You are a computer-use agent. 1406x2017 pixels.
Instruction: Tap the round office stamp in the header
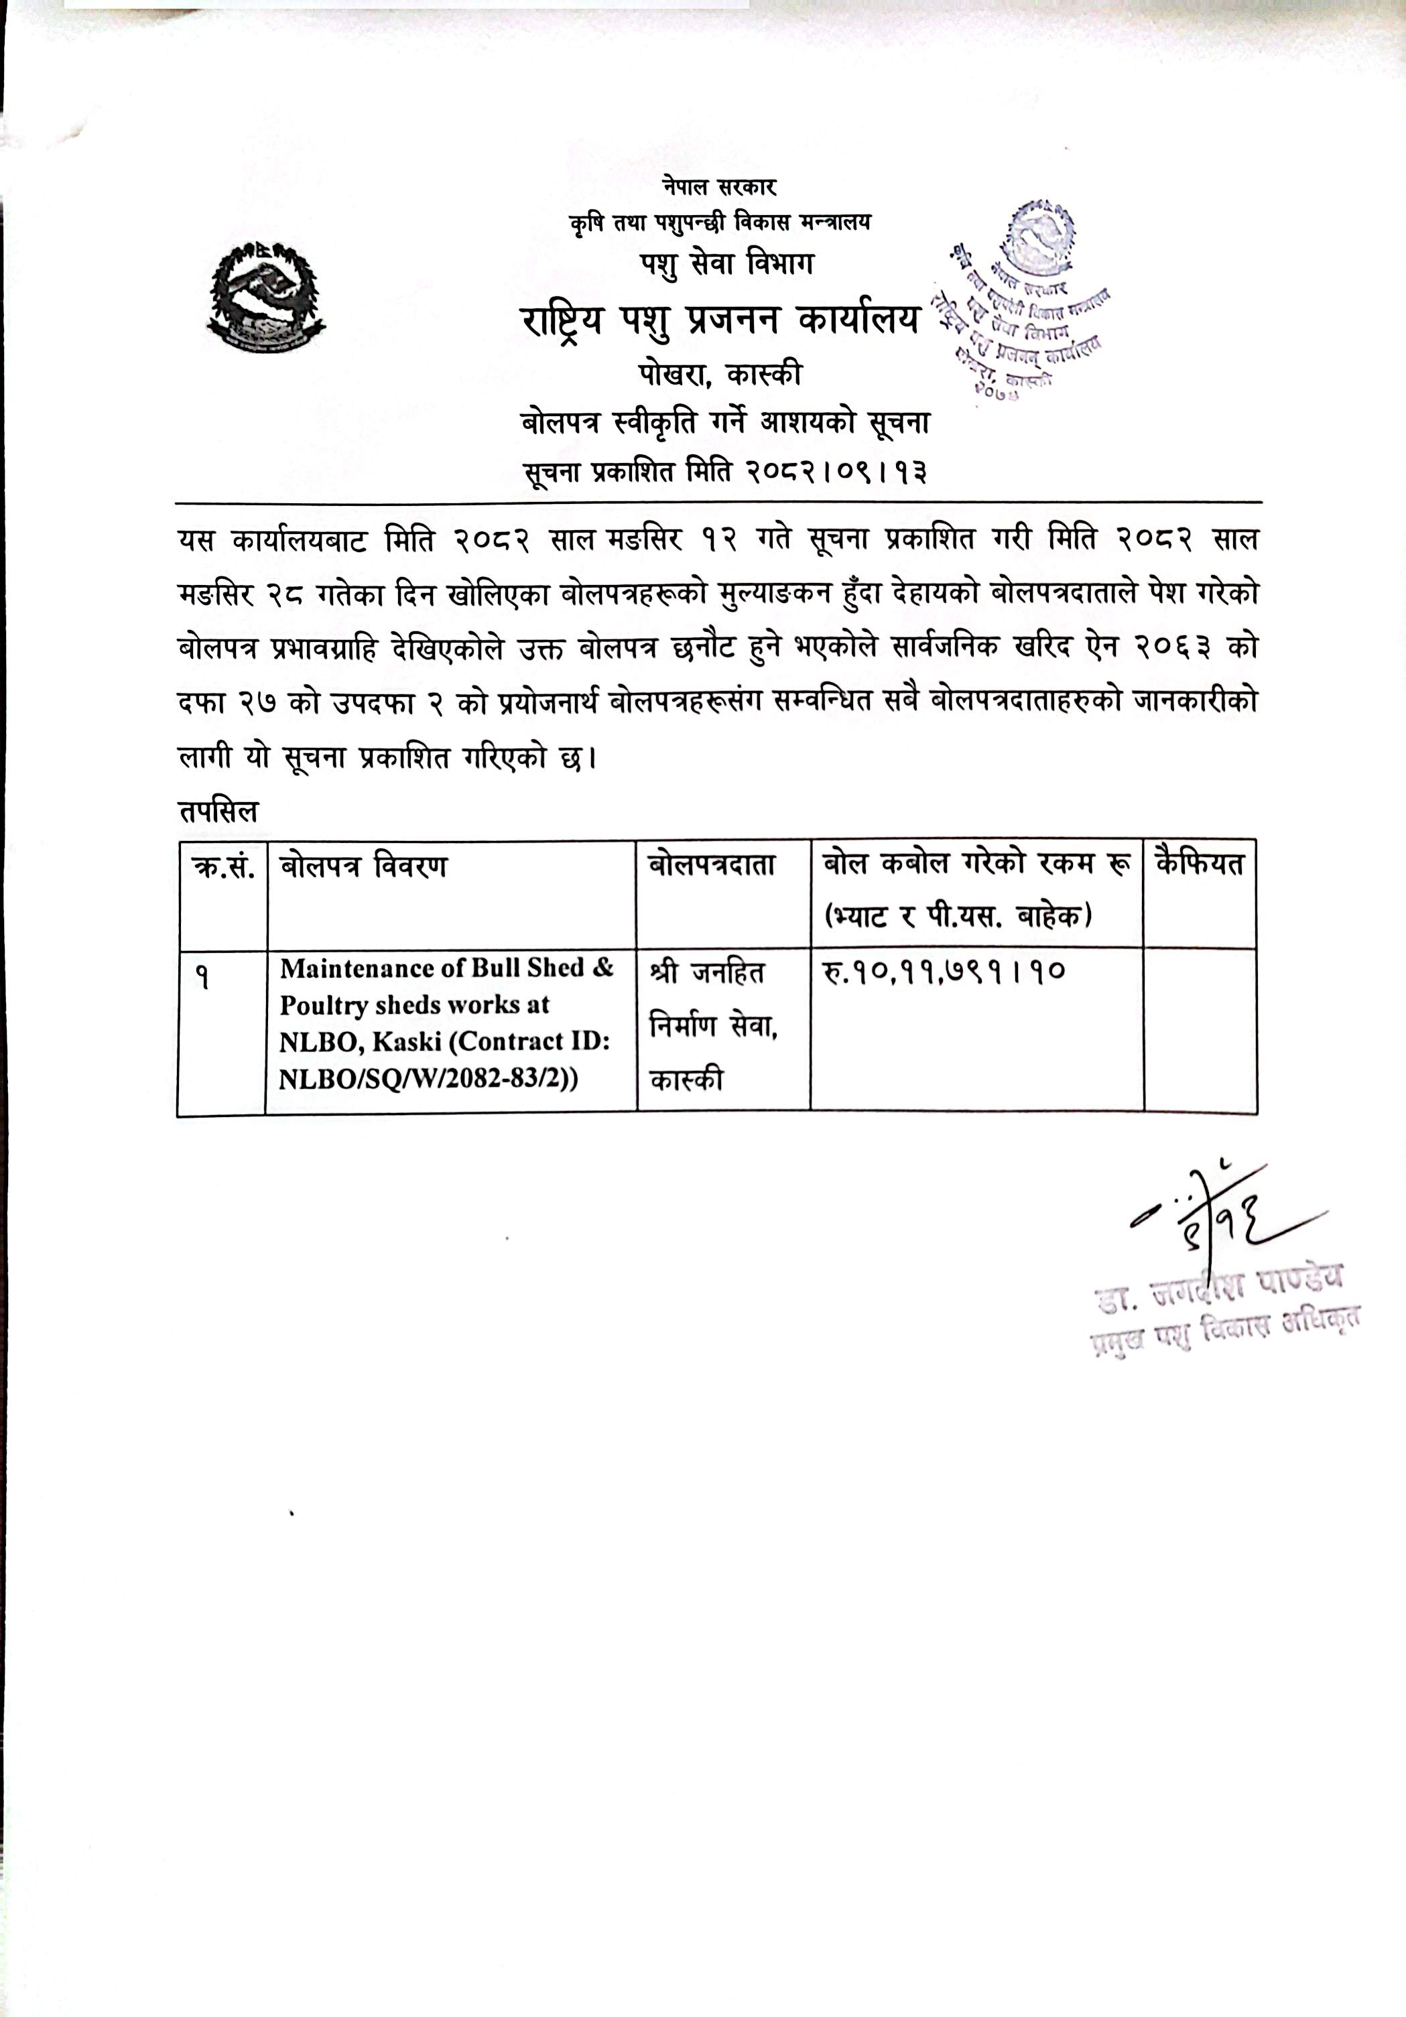(1028, 299)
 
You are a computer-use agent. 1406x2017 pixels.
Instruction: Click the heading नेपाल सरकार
(720, 186)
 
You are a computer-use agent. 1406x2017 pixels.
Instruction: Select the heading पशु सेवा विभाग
(726, 263)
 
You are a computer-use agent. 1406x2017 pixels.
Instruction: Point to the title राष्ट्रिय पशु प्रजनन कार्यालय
(720, 321)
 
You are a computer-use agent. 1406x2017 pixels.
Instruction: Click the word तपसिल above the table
(218, 811)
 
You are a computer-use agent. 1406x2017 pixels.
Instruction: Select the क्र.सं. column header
(223, 867)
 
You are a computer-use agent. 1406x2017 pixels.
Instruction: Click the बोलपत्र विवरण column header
(363, 867)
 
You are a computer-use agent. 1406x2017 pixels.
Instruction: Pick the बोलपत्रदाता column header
(712, 865)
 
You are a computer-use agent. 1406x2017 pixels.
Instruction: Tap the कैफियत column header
(1200, 864)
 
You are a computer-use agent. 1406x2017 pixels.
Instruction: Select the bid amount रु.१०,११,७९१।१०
(944, 972)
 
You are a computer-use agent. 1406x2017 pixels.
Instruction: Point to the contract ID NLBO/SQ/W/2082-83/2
(426, 1079)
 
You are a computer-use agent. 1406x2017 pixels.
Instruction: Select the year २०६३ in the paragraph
(1175, 647)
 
